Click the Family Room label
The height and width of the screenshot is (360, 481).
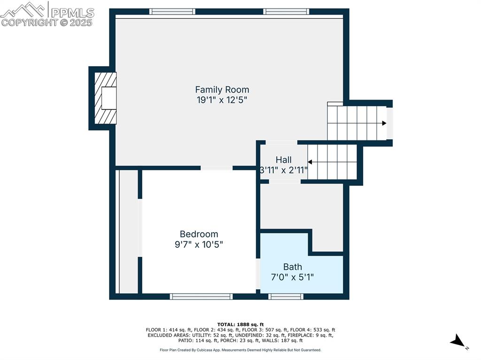point(222,89)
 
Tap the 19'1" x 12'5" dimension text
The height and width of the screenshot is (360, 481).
point(222,100)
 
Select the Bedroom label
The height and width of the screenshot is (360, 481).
point(199,234)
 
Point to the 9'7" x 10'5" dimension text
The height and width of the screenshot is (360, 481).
point(199,245)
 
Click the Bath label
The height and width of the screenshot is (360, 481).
point(292,267)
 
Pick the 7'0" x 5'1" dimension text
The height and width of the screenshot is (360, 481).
point(292,277)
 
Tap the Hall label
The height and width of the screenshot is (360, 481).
point(283,160)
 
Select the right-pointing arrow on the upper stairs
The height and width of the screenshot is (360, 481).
point(384,123)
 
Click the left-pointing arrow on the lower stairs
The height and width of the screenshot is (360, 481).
point(310,162)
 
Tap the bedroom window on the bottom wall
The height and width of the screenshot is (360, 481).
point(201,296)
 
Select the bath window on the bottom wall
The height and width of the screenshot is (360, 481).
point(286,296)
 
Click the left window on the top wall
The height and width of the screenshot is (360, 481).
point(172,11)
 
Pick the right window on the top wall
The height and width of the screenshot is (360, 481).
point(286,11)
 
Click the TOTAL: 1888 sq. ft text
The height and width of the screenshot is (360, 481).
point(240,324)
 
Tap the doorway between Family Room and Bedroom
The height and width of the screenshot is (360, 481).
point(217,168)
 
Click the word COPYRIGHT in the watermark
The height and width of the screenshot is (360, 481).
point(28,22)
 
